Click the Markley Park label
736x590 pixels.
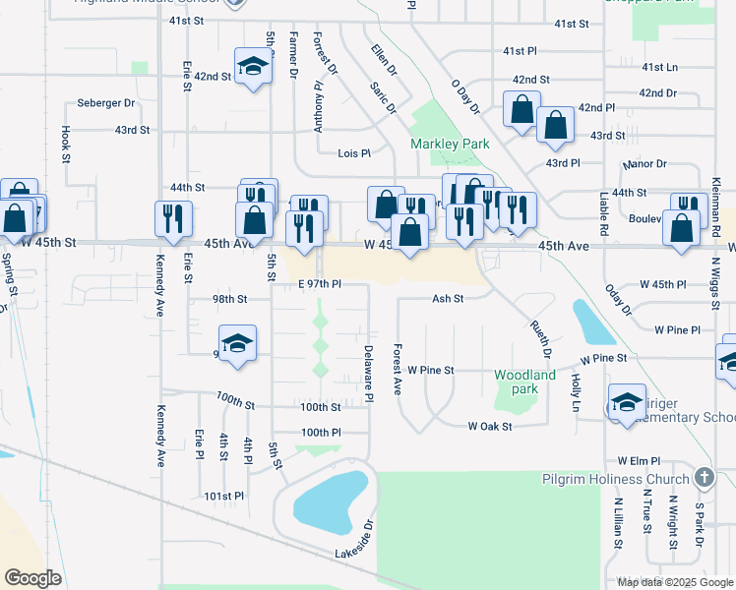pos(450,144)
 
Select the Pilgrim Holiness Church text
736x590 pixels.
pos(616,479)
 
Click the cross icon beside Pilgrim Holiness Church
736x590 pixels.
pos(704,478)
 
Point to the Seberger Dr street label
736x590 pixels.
pos(106,103)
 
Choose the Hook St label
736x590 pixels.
pos(66,143)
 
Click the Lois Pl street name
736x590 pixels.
pos(354,153)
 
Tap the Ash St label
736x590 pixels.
pos(447,298)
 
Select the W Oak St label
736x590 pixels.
pos(490,426)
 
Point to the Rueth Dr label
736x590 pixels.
pos(540,332)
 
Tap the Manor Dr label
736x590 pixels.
pos(646,164)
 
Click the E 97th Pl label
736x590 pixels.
pos(319,284)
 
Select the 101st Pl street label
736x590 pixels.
pos(224,497)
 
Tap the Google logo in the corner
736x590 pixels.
pos(33,578)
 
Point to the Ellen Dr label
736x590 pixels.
pos(384,60)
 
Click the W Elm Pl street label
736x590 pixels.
pos(638,460)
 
